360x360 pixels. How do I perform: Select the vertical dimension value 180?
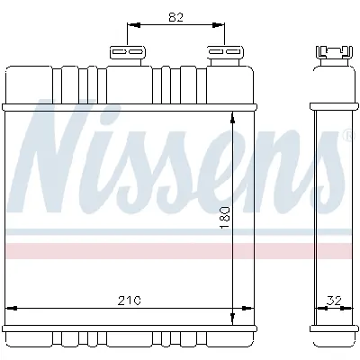click(x=225, y=215)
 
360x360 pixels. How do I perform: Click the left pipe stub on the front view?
click(x=129, y=53)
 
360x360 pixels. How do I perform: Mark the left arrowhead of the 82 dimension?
click(x=131, y=26)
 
